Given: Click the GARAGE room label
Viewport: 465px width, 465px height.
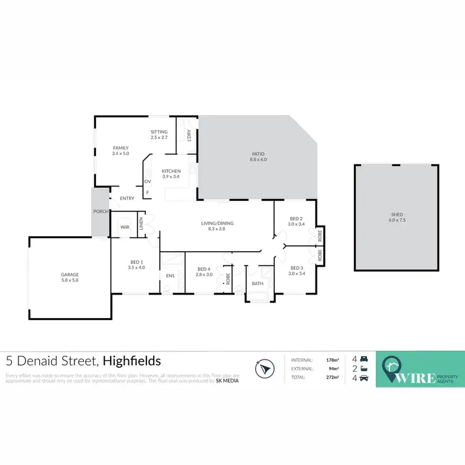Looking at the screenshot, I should (69, 274).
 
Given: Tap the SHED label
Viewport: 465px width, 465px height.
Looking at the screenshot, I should (396, 215).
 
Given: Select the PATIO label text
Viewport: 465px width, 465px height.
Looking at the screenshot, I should (257, 156).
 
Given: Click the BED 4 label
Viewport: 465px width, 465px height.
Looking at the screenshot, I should (204, 268).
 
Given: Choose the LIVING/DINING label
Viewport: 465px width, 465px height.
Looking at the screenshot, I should (216, 223).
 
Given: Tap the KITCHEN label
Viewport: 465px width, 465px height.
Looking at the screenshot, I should (171, 171).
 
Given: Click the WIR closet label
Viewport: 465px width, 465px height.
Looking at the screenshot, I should (125, 228).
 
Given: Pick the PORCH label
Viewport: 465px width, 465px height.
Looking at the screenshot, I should (101, 211).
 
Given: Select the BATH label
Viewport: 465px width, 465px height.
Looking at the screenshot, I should (257, 283).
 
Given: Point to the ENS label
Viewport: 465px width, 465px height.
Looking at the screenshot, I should (169, 275).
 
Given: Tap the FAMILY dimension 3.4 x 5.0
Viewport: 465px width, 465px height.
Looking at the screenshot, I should (120, 153).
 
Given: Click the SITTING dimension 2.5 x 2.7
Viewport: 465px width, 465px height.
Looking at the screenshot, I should (159, 137).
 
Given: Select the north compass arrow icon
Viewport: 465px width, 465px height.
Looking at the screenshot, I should (265, 368).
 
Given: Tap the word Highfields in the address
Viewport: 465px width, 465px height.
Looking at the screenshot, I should (132, 361).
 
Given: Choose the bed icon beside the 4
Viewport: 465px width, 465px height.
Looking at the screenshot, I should (364, 359).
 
